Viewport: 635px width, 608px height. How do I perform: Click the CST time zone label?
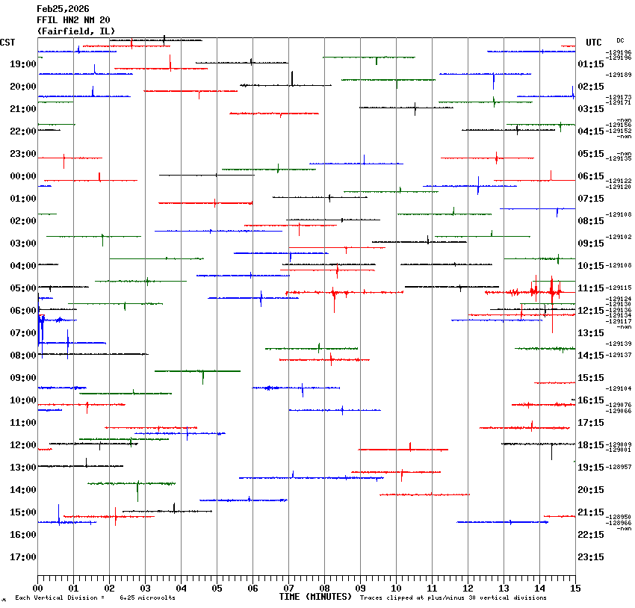pos(8,43)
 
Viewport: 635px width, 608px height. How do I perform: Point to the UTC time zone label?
pos(594,43)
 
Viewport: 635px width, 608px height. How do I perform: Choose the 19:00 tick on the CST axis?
pos(23,64)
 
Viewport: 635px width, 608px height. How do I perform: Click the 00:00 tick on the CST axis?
pos(23,176)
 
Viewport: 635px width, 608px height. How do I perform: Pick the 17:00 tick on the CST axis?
pos(23,557)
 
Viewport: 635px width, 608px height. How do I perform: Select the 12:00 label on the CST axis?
pos(23,445)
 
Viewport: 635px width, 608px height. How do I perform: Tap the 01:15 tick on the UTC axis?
pos(591,64)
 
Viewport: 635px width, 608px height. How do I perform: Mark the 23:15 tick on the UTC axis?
pos(591,557)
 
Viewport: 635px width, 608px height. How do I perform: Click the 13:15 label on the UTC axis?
pos(591,333)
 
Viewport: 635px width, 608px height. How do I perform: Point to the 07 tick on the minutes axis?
pos(288,589)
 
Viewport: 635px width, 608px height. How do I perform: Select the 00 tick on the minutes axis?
pos(37,589)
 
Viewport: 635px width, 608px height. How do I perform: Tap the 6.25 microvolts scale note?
pos(147,598)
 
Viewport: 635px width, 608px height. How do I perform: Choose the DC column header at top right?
pos(620,40)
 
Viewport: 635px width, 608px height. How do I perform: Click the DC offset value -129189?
pos(619,75)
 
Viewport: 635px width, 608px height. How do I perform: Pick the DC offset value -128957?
pos(619,467)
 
